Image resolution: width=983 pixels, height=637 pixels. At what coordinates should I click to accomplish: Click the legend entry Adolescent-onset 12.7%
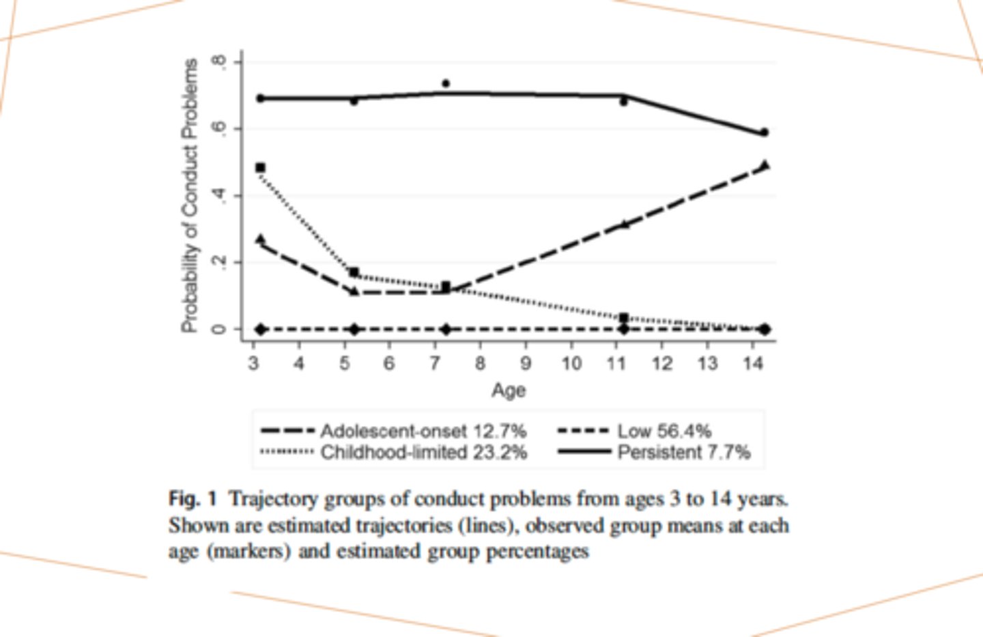423,431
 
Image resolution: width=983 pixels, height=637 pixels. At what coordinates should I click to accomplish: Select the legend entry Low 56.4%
664,431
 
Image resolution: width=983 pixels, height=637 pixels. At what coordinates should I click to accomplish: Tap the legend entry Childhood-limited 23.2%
423,452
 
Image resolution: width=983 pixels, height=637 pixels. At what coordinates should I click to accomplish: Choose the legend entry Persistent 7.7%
683,452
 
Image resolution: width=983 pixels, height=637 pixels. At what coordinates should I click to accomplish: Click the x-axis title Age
509,390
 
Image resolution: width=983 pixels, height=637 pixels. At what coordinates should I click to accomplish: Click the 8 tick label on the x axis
480,363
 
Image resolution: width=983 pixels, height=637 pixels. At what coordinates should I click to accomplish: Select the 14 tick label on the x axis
752,363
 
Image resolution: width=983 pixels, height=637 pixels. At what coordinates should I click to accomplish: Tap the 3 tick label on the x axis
254,363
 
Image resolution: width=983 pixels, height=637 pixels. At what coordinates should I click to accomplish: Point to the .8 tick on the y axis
218,62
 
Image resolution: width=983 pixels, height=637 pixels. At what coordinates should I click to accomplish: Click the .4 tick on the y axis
218,196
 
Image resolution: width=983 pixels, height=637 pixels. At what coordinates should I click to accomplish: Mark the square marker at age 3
260,167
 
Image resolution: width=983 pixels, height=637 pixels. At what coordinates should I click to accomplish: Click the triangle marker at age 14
765,165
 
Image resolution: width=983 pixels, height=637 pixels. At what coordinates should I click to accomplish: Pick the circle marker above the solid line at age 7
446,83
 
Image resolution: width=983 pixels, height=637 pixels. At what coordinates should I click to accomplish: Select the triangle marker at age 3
260,239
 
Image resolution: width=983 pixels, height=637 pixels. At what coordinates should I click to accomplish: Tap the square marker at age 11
623,317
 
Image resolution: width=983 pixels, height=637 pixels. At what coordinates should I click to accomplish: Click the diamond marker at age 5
354,329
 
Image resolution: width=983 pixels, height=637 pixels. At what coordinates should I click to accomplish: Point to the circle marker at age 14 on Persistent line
765,132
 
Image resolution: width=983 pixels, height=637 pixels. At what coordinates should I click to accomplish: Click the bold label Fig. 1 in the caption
192,498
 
